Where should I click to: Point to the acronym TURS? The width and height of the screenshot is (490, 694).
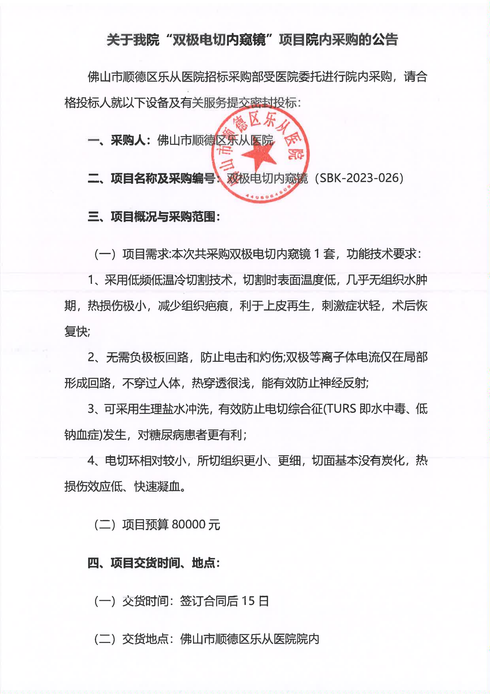click(341, 409)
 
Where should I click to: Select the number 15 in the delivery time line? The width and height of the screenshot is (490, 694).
click(248, 600)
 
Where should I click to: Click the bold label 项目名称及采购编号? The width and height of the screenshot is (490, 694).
click(163, 178)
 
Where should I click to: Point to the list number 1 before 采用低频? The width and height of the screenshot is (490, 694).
click(91, 280)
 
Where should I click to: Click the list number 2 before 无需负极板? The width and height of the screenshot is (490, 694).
click(92, 358)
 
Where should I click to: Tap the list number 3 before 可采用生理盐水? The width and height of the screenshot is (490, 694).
click(92, 409)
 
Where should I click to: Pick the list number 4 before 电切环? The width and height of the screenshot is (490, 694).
click(92, 461)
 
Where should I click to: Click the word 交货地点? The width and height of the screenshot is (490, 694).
click(145, 639)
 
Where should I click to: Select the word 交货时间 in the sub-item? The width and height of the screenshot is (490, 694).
click(145, 600)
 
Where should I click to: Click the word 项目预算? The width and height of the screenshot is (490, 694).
click(145, 525)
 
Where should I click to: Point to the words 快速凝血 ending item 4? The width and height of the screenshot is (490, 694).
click(157, 486)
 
